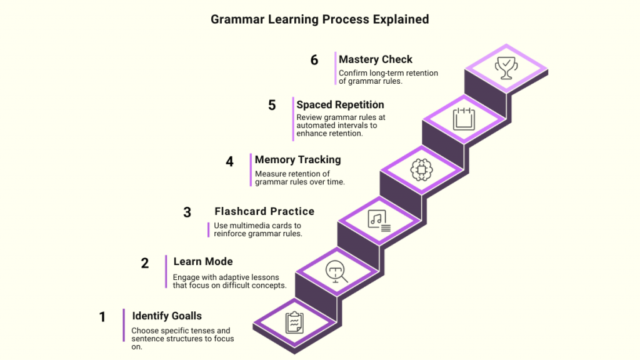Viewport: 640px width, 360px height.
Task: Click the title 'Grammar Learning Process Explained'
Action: (x=319, y=19)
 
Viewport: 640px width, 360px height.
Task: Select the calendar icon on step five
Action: (x=463, y=117)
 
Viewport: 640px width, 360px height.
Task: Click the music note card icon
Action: (x=379, y=220)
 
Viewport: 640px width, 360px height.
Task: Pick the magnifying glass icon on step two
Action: (x=336, y=271)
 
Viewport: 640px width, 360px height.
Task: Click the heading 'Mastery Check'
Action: (x=376, y=59)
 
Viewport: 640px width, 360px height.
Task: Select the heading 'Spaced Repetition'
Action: (x=340, y=104)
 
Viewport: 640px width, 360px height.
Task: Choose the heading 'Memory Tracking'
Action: (x=297, y=159)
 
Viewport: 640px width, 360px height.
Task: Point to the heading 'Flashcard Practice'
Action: (x=264, y=211)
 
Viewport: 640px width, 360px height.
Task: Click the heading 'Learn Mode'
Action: (x=203, y=261)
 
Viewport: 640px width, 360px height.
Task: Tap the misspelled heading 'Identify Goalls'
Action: (x=167, y=316)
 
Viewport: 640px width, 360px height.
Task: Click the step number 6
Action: (x=314, y=60)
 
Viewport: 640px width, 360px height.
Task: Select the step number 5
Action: (x=272, y=105)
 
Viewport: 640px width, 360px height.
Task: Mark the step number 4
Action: (x=229, y=161)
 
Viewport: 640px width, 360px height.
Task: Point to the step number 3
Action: (x=187, y=212)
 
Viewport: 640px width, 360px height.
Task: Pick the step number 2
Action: (x=145, y=263)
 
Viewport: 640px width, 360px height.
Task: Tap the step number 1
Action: (x=102, y=317)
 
